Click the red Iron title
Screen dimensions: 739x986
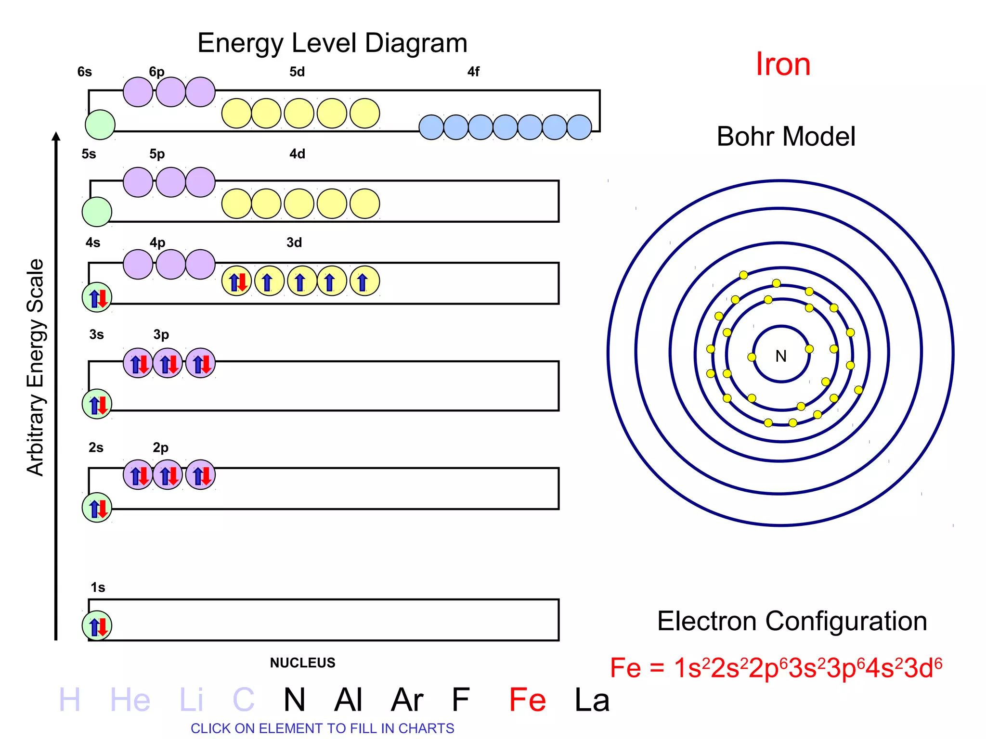tap(783, 64)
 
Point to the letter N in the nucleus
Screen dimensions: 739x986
tap(781, 356)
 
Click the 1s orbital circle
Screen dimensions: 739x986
tap(97, 626)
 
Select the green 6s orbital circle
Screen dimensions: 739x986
tap(100, 125)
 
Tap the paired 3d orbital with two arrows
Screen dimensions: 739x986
tap(236, 281)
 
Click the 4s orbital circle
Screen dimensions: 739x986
tap(97, 297)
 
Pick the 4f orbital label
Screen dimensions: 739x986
tap(473, 72)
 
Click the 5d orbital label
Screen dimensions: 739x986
tap(297, 72)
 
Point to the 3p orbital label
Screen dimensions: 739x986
tap(161, 334)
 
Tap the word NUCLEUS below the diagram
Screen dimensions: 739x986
tap(302, 663)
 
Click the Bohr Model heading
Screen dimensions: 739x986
tap(786, 137)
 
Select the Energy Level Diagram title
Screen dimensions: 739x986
tap(332, 43)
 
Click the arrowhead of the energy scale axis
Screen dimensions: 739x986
tap(56, 137)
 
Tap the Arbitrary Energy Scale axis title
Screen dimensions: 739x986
tap(35, 368)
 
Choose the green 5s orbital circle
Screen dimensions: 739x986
tap(97, 212)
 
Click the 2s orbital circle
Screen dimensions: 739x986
tap(97, 508)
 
